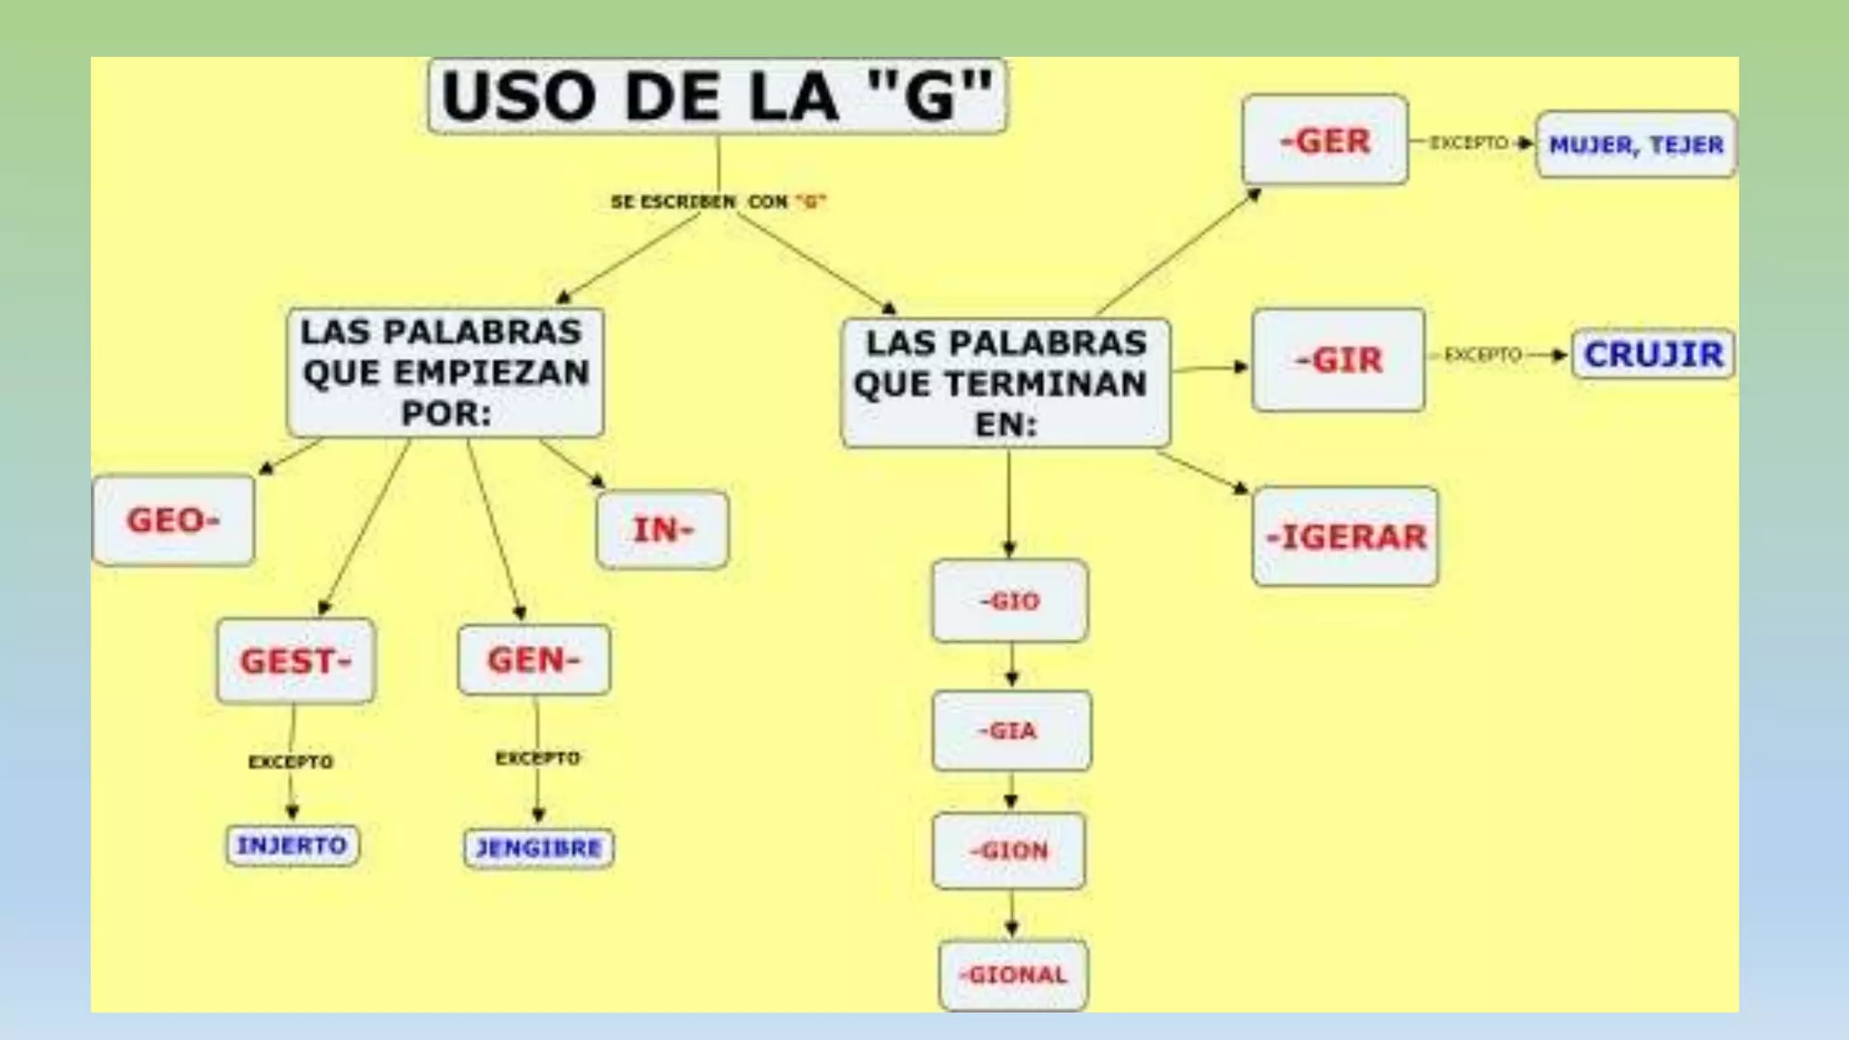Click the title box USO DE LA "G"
point(718,97)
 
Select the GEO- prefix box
point(173,520)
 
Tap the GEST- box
point(295,661)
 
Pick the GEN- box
point(534,660)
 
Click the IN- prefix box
point(663,530)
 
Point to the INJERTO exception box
point(292,846)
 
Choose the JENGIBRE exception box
point(539,849)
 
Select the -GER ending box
point(1324,141)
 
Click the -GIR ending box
point(1338,360)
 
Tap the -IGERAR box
point(1345,537)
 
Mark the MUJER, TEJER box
point(1636,144)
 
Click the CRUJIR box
point(1653,354)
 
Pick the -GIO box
point(1009,601)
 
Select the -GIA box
point(1011,731)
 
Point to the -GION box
point(1009,851)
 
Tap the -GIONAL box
point(1013,975)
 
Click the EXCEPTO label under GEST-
point(291,763)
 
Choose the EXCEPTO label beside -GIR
point(1482,355)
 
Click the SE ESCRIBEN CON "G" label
point(718,202)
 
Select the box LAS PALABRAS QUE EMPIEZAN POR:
point(445,372)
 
